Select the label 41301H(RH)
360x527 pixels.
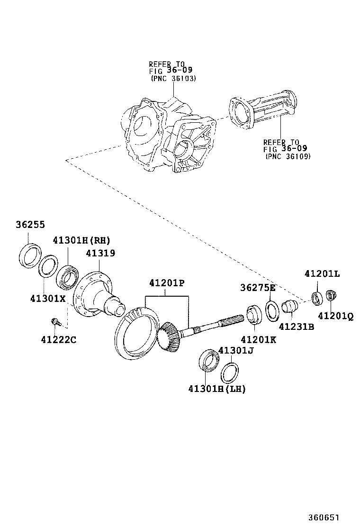(81, 240)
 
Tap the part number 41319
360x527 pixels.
(100, 254)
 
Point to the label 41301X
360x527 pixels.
(48, 299)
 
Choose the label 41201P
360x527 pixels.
(166, 283)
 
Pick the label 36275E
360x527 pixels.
(258, 288)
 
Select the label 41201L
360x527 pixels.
(322, 273)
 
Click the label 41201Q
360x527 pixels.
(335, 316)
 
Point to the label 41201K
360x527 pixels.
(258, 339)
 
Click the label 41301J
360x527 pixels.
(236, 351)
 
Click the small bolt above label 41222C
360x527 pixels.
(55, 322)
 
